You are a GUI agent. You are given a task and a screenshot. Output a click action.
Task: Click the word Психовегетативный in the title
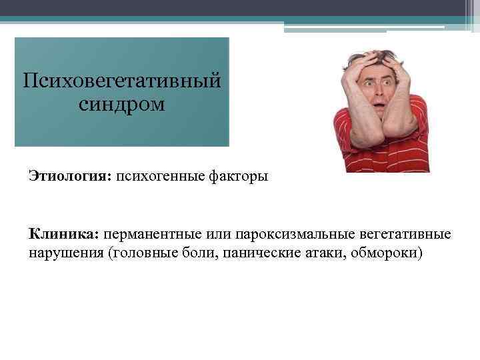point(121,82)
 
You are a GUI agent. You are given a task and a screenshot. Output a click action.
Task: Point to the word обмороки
point(389,254)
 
